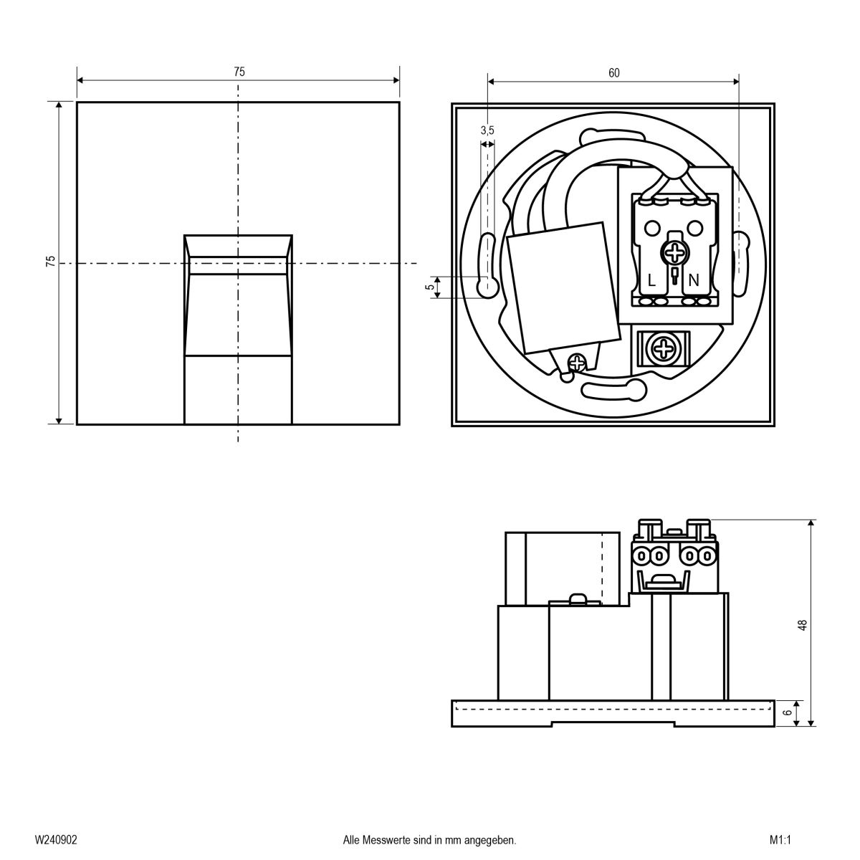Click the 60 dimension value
pos(613,72)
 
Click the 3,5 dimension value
pos(487,130)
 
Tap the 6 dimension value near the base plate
pos(787,713)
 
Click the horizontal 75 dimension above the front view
pos(239,72)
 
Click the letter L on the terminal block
pos(651,281)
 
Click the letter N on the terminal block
pos(693,281)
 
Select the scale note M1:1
pos(778,839)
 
